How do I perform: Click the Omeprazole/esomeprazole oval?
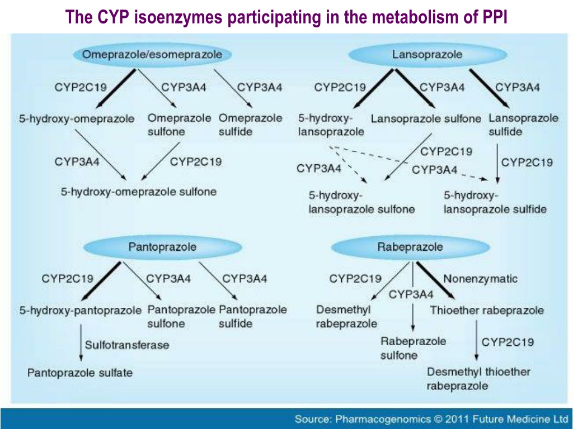coord(152,55)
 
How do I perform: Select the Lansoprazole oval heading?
coord(428,55)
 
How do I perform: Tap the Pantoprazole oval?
coord(163,247)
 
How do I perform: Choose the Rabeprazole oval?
coord(410,247)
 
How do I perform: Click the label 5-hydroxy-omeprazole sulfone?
coord(139,192)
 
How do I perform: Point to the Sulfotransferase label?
coord(127,345)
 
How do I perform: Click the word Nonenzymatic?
coord(480,279)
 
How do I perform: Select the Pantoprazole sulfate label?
coord(80,373)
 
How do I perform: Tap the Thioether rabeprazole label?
coord(487,311)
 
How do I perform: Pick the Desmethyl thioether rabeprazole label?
coord(479,379)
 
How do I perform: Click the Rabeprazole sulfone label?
coord(413,348)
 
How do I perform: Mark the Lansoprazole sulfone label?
coord(426,118)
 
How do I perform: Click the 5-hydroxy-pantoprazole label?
coord(81,311)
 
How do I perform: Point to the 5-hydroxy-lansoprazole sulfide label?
coord(495,202)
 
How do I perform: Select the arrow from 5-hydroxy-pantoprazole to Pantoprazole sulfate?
coord(81,342)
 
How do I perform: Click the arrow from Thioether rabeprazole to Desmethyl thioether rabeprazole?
coord(476,340)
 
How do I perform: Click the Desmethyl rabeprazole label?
coord(346,317)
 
